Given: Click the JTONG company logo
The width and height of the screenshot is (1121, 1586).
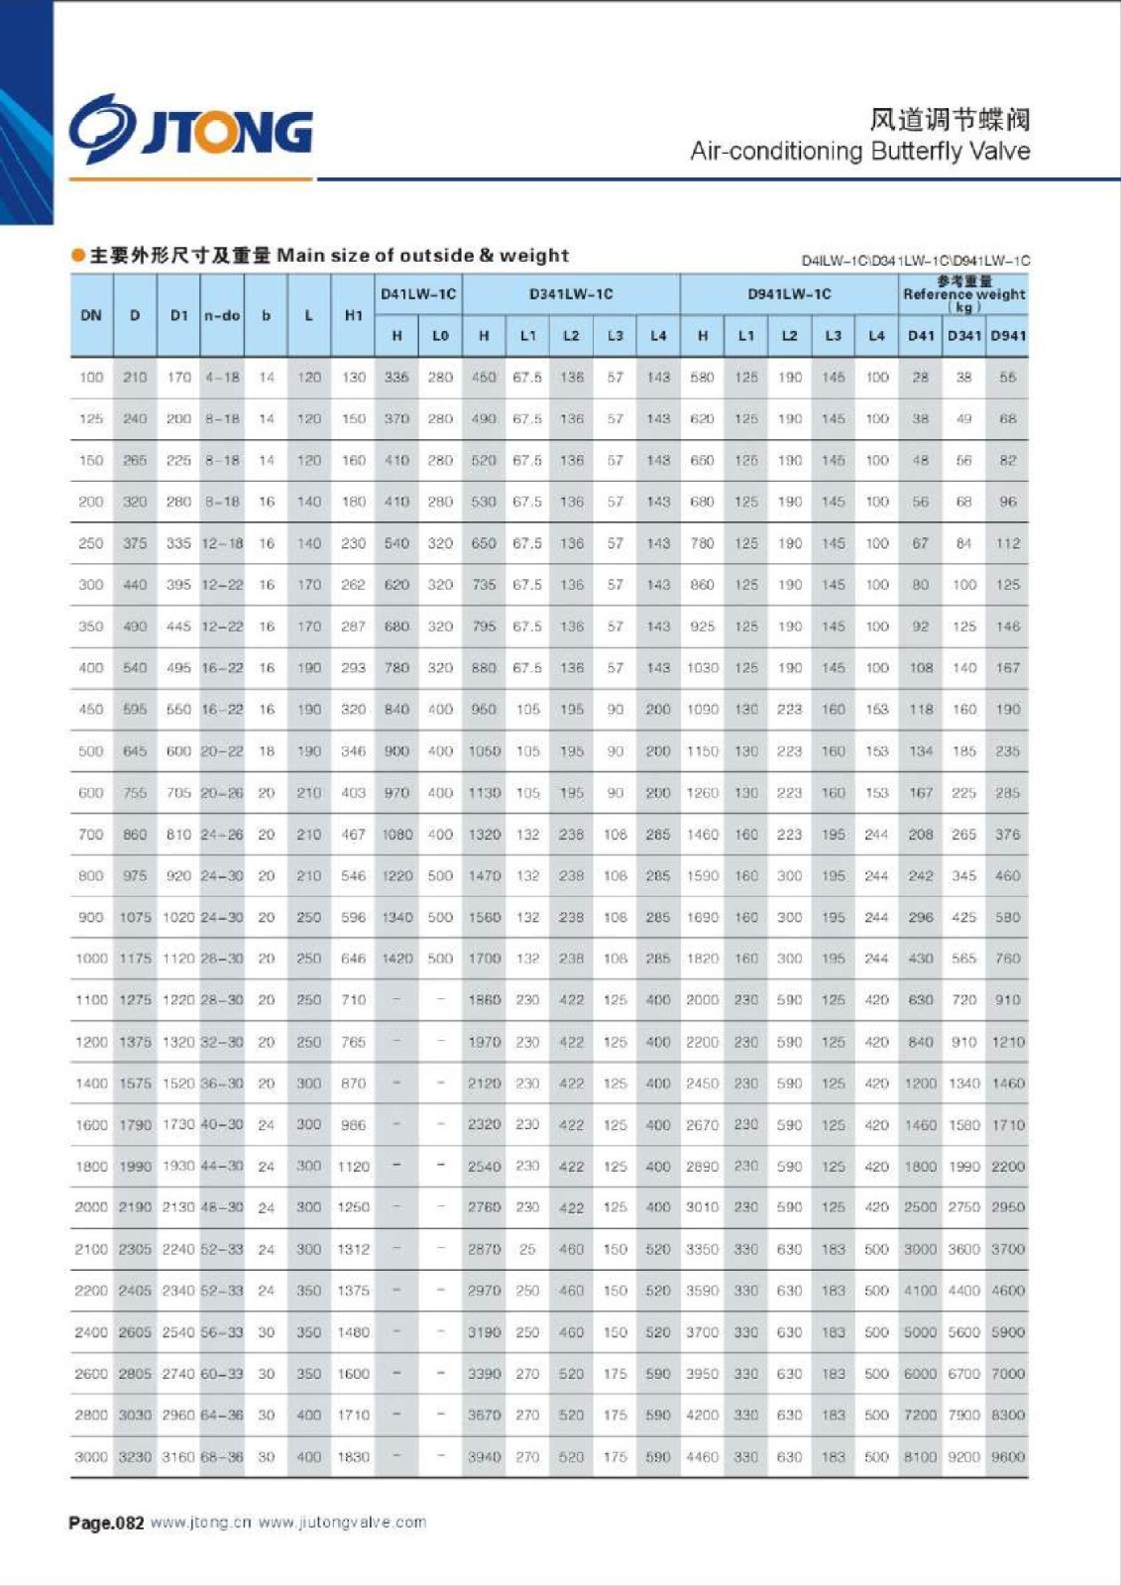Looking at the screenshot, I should [190, 130].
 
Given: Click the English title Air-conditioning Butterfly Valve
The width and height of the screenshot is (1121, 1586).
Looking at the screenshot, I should [859, 152].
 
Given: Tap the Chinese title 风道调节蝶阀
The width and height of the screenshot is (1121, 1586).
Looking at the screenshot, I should [950, 120].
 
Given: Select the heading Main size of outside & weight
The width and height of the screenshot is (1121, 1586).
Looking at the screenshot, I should [423, 256].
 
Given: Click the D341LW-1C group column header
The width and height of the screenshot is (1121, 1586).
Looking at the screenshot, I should [571, 294].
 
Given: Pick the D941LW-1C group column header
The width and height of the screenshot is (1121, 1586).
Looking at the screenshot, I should [789, 294].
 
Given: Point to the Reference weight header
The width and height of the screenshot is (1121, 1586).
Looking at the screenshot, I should [963, 294].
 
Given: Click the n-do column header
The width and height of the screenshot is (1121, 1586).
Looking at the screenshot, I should [222, 315].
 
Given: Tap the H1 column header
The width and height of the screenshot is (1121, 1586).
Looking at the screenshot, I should [353, 315].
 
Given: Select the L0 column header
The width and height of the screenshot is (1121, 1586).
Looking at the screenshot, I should [440, 336].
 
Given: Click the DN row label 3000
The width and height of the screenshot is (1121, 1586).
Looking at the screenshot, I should [91, 1457].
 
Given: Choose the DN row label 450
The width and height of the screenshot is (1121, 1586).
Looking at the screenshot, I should [91, 710].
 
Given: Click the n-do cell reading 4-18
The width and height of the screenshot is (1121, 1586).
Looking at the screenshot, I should [222, 378].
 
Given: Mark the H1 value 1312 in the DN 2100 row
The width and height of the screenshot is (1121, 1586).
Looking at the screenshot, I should [353, 1250].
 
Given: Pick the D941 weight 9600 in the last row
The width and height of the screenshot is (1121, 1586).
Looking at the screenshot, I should [1008, 1457].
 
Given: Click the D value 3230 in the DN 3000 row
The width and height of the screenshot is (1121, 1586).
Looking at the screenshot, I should [135, 1457].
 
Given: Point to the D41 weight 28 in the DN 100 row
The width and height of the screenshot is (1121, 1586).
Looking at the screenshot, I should [921, 378].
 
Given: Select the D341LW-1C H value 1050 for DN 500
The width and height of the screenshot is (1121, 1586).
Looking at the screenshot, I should [484, 751].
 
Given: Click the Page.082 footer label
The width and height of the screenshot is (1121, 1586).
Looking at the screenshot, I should [106, 1523].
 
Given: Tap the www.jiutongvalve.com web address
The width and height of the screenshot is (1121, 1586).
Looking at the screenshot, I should [342, 1523].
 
